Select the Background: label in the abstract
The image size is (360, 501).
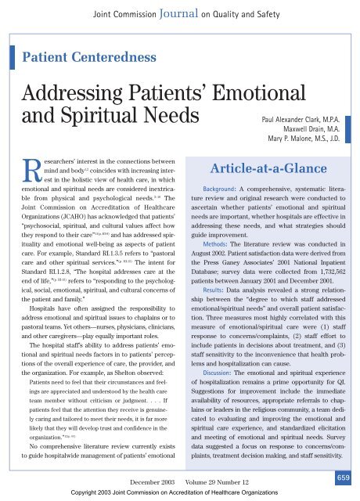(211, 211)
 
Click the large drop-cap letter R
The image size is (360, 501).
(24, 194)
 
